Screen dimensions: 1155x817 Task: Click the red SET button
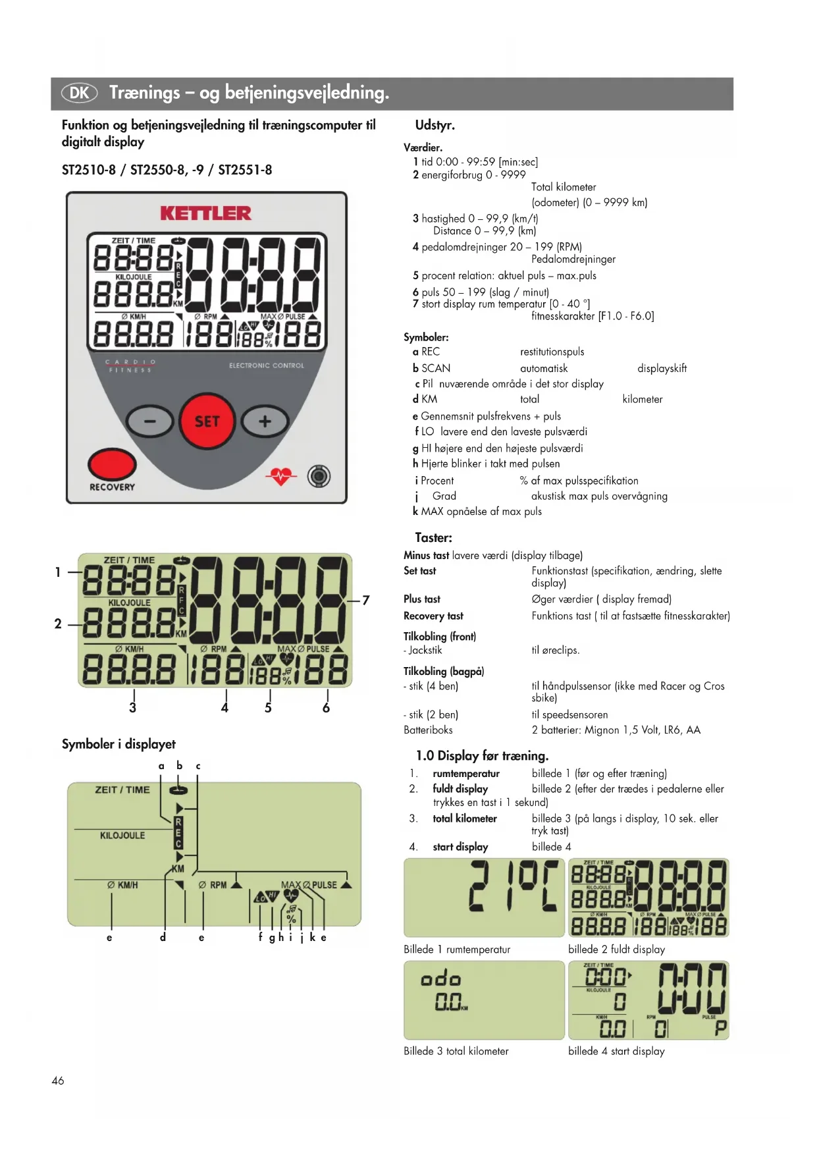(207, 421)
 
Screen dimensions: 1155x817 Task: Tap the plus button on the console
(265, 421)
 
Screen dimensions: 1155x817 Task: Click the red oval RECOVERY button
(111, 464)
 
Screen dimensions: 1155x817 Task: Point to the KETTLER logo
(205, 213)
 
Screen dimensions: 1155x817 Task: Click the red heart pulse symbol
(281, 475)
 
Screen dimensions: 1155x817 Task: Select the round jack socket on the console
(319, 475)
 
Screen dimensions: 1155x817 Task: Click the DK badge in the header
(79, 93)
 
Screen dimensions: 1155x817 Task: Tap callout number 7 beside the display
(366, 600)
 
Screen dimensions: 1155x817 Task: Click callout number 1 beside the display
(58, 572)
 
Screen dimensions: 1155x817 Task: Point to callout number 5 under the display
(268, 708)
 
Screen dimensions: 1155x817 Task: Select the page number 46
(58, 1081)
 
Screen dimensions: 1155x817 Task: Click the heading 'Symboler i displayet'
(119, 744)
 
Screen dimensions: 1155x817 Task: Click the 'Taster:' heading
(433, 537)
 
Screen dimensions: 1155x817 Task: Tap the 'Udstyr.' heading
(435, 125)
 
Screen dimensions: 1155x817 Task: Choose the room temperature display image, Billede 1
(484, 898)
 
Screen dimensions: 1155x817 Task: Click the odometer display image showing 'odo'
(484, 1000)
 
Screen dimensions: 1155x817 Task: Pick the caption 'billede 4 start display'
(616, 1051)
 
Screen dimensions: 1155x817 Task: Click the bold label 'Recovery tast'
(433, 616)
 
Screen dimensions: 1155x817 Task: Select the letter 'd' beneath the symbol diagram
(163, 937)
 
